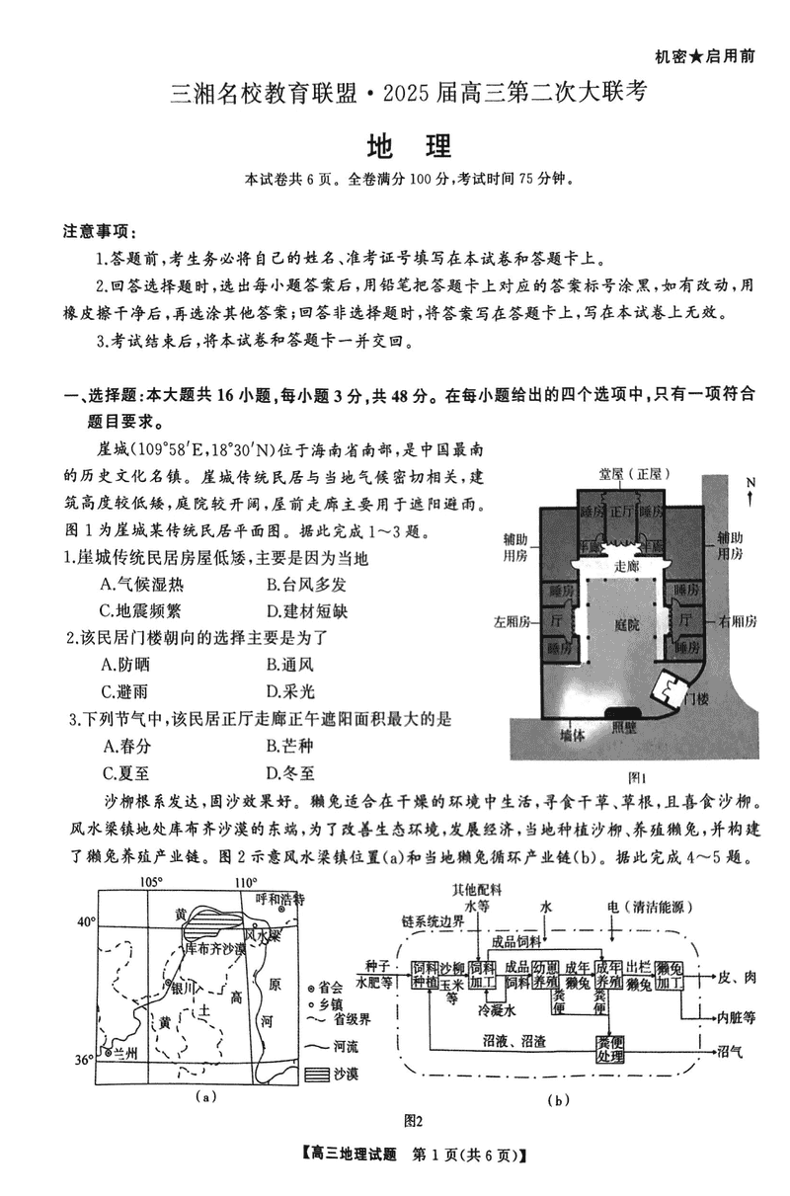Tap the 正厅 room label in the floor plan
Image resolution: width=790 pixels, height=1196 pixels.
620,513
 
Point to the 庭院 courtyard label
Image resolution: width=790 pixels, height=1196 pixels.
625,624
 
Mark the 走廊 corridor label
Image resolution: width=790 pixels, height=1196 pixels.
627,567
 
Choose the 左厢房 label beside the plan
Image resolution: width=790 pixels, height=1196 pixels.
513,621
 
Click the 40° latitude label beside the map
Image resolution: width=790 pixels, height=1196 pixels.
87,921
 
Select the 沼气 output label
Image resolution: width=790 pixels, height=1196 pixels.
731,1050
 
